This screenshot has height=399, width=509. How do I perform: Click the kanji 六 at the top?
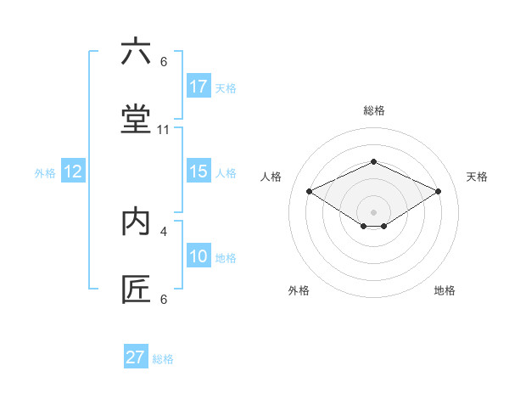(136, 52)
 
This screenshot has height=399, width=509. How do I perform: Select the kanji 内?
(136, 222)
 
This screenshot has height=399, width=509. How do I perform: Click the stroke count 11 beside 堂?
(164, 130)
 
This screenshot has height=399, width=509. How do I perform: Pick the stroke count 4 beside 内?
(164, 231)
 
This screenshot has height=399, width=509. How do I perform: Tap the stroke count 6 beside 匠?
(164, 299)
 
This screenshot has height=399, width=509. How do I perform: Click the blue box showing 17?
(199, 87)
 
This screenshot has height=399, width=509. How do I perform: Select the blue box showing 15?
(199, 171)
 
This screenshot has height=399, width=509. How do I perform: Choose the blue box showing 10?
(199, 256)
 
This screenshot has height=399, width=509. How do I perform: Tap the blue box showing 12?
(73, 171)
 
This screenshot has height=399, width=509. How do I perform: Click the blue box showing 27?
(136, 357)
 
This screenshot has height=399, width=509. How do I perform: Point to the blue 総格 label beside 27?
(163, 359)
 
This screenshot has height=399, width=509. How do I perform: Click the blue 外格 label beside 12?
(45, 173)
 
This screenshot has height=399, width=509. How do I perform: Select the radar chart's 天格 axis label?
(477, 177)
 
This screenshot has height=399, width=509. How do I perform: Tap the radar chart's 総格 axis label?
(373, 110)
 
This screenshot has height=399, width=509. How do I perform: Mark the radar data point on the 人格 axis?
(309, 191)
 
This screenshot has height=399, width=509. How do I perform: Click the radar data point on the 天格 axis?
(438, 191)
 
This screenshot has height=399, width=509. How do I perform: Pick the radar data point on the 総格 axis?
(373, 160)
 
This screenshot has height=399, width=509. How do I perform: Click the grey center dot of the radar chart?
(373, 211)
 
